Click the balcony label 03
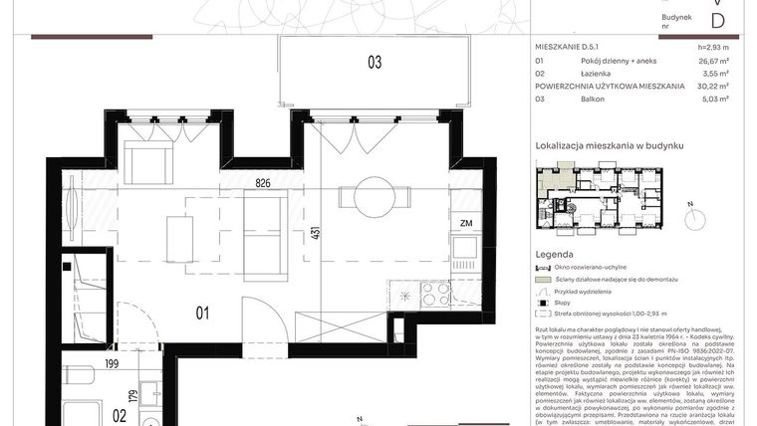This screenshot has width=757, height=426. coord(375,63)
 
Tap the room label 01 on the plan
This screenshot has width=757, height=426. coord(201,316)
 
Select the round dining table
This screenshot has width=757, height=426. coord(376,195)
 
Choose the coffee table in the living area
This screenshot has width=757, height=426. coord(179,238)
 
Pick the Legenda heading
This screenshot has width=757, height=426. coord(555,254)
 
